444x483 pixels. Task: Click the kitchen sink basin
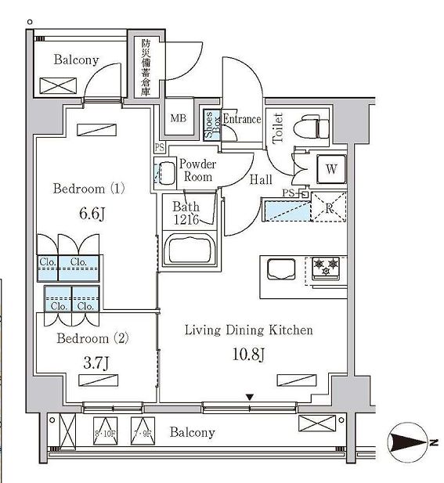tap(282, 269)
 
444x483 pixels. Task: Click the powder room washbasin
tap(165, 171)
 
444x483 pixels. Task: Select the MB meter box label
tap(179, 119)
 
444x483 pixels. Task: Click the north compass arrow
tap(409, 442)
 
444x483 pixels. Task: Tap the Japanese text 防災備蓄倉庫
tap(145, 68)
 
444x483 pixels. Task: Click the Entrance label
tap(242, 119)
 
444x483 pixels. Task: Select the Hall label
tap(261, 179)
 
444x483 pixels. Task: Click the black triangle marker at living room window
tap(250, 398)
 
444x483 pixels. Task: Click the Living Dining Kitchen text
tap(248, 330)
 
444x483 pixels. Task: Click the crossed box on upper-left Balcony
tap(55, 85)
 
